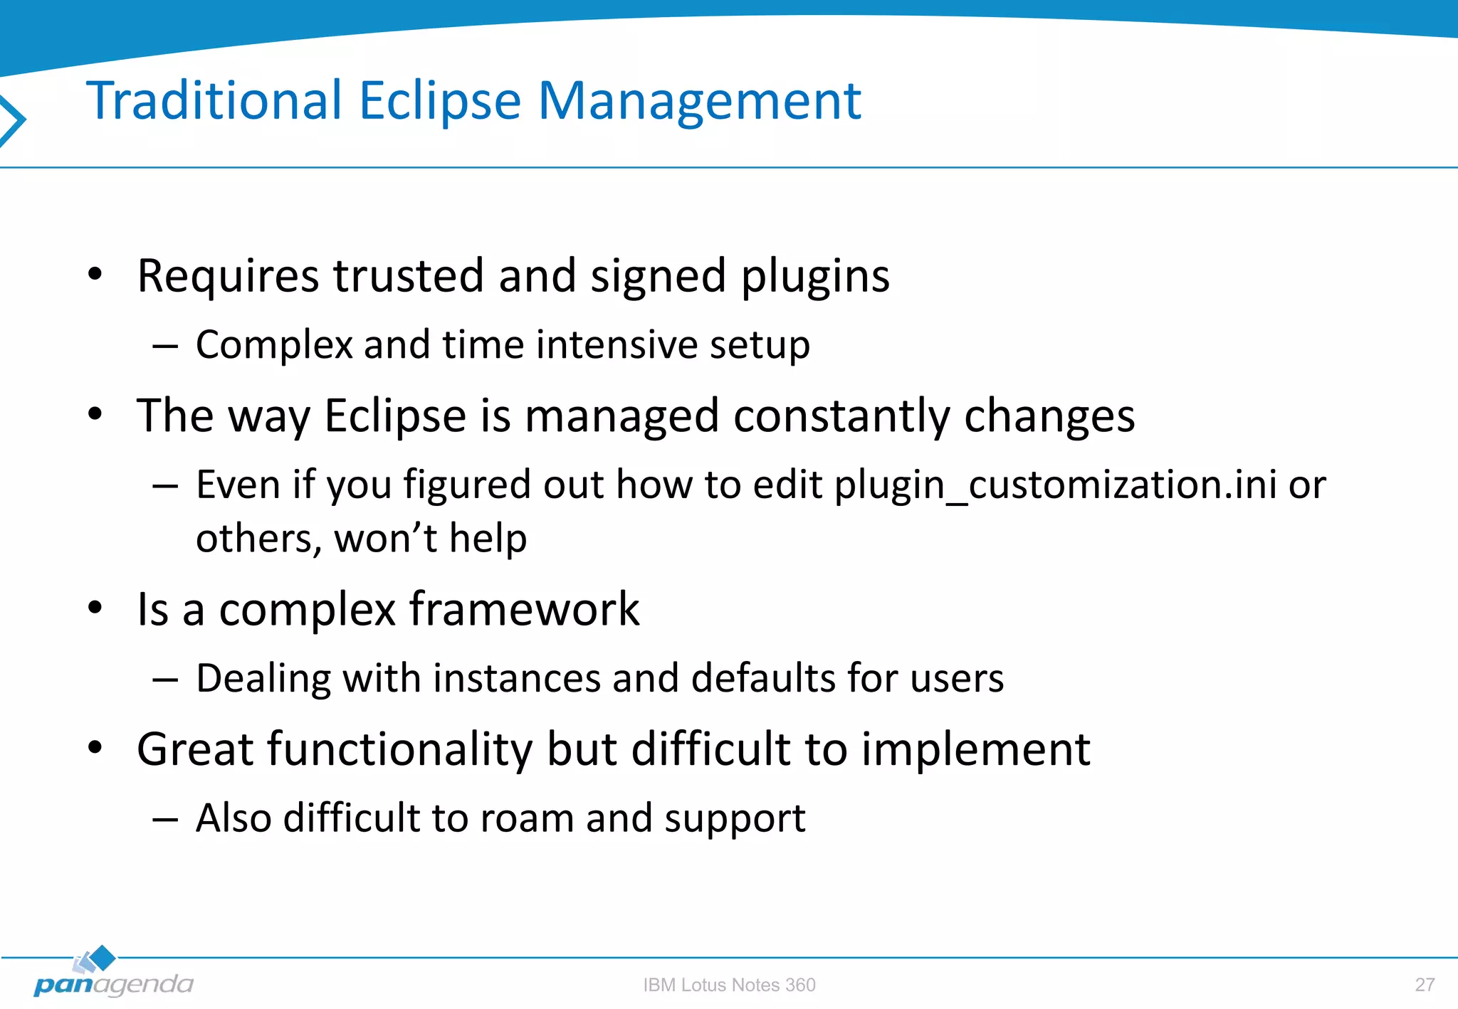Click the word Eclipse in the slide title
(440, 101)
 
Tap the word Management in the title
(699, 101)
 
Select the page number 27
(1425, 985)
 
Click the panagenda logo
(112, 976)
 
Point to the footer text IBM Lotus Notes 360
(729, 985)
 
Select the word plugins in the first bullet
(815, 276)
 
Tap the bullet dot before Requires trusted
(95, 274)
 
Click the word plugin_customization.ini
(1055, 485)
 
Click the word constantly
(841, 416)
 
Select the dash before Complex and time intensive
(164, 347)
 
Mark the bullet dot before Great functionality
(95, 748)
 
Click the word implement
(975, 750)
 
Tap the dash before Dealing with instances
(164, 680)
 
